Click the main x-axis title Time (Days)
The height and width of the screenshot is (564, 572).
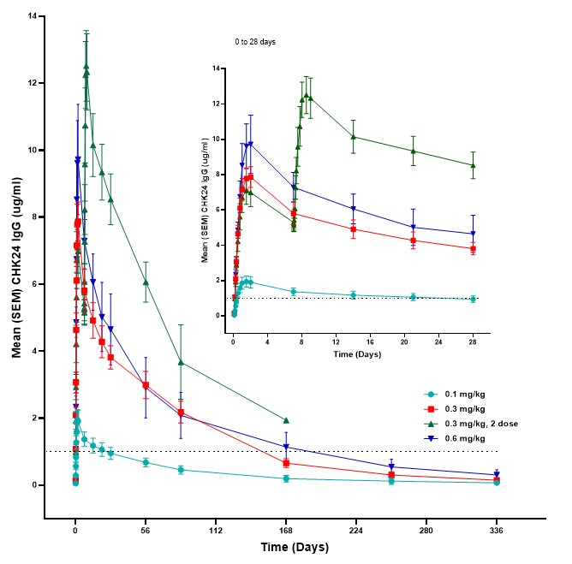(285, 546)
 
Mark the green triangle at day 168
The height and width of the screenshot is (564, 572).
(286, 420)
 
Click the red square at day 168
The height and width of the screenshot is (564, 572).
(286, 463)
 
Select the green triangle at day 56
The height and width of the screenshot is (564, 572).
(146, 282)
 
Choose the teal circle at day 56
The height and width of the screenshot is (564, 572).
(146, 462)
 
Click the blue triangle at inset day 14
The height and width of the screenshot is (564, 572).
(353, 208)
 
